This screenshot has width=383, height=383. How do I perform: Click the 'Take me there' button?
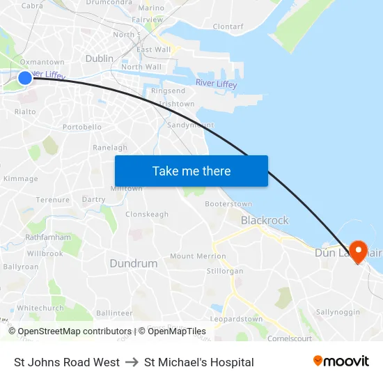point(191,171)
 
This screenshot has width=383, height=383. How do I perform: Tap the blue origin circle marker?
point(24,77)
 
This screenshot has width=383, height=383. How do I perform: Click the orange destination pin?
point(359,251)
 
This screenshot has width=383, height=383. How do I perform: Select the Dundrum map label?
point(134,264)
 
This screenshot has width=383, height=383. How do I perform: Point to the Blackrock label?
point(265,220)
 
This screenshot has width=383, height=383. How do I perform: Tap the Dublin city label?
point(99,58)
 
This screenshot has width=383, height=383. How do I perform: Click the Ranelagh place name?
point(110,148)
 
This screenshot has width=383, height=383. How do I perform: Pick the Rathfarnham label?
point(48,237)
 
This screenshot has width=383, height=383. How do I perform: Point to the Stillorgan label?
point(225,270)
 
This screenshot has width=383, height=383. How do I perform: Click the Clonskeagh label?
point(147,214)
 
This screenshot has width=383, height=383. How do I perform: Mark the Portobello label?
point(82,127)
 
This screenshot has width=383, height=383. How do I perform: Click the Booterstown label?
point(228,204)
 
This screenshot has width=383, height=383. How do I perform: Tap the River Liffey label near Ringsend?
point(216,84)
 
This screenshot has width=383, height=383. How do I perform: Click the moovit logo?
point(341,361)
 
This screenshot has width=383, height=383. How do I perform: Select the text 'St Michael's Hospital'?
point(198,362)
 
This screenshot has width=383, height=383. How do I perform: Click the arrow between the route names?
point(132,362)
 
